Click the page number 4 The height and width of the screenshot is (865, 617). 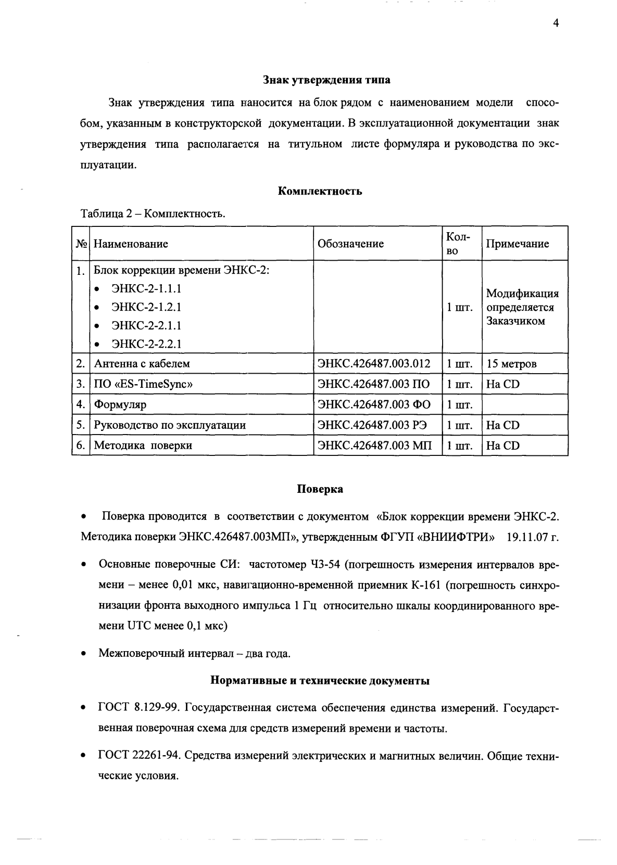click(x=556, y=23)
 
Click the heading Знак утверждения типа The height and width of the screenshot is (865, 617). click(x=326, y=80)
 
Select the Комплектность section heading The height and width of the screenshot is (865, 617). click(x=320, y=191)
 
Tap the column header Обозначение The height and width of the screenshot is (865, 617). click(x=350, y=244)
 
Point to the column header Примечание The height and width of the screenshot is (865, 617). click(x=517, y=244)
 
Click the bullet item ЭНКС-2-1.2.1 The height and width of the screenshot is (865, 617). click(x=146, y=307)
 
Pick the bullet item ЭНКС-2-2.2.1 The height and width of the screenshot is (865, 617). click(x=146, y=344)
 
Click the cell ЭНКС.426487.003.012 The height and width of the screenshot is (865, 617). click(x=374, y=364)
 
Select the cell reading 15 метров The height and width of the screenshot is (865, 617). click(x=511, y=364)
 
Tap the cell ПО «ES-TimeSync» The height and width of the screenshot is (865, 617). click(x=143, y=384)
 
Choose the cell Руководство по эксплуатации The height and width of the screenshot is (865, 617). click(x=170, y=425)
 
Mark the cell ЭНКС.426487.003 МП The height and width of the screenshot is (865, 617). click(x=374, y=446)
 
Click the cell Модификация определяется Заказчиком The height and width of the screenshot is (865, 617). click(x=522, y=307)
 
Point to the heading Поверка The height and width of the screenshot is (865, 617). click(x=320, y=489)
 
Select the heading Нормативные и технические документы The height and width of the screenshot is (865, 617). click(x=320, y=681)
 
